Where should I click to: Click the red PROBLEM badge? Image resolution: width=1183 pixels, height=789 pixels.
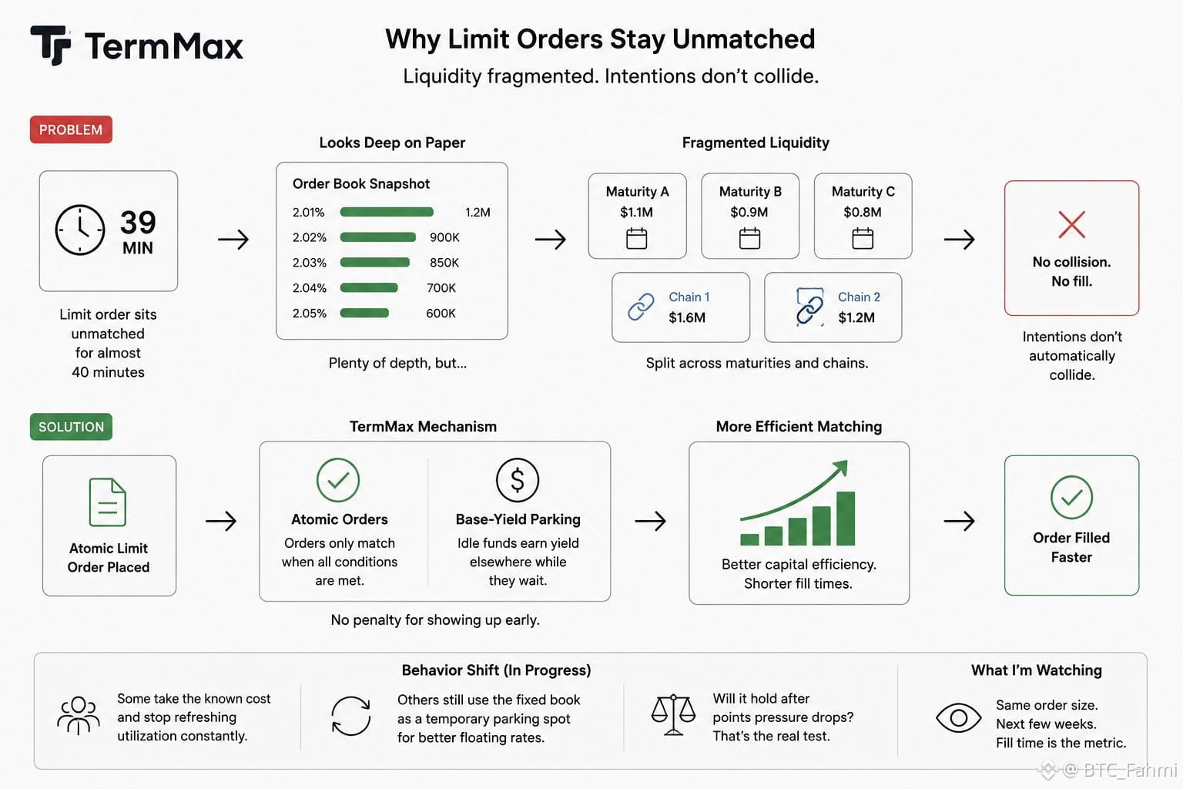(71, 129)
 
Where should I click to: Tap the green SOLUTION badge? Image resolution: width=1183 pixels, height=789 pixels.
(71, 426)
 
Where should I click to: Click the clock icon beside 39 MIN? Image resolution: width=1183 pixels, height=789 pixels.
(80, 230)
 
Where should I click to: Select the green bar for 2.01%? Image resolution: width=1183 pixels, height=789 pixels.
(387, 212)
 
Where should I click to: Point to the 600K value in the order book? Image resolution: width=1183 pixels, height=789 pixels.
(441, 314)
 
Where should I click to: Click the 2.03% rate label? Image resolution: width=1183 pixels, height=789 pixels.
(310, 263)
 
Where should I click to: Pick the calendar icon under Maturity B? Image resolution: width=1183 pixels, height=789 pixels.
(749, 238)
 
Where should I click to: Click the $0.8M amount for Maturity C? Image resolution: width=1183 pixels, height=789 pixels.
(863, 212)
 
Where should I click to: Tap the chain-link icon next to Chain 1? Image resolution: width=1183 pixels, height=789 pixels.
(641, 307)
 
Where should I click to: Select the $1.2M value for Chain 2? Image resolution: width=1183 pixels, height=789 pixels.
(856, 317)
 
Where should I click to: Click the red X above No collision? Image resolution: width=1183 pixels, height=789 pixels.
(1071, 224)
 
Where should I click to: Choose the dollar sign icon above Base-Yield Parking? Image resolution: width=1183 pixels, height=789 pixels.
(518, 480)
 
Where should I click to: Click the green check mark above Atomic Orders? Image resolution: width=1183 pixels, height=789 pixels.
(338, 480)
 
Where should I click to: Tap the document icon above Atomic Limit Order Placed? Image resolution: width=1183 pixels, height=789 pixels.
(108, 502)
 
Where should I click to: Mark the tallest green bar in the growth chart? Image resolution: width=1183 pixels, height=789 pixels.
(846, 519)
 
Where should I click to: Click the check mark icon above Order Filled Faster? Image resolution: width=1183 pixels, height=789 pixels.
(1071, 497)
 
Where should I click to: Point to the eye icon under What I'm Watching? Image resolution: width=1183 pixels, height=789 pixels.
(958, 717)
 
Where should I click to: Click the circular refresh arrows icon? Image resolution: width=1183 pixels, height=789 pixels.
(350, 716)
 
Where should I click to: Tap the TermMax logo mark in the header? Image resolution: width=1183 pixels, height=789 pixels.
(51, 45)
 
